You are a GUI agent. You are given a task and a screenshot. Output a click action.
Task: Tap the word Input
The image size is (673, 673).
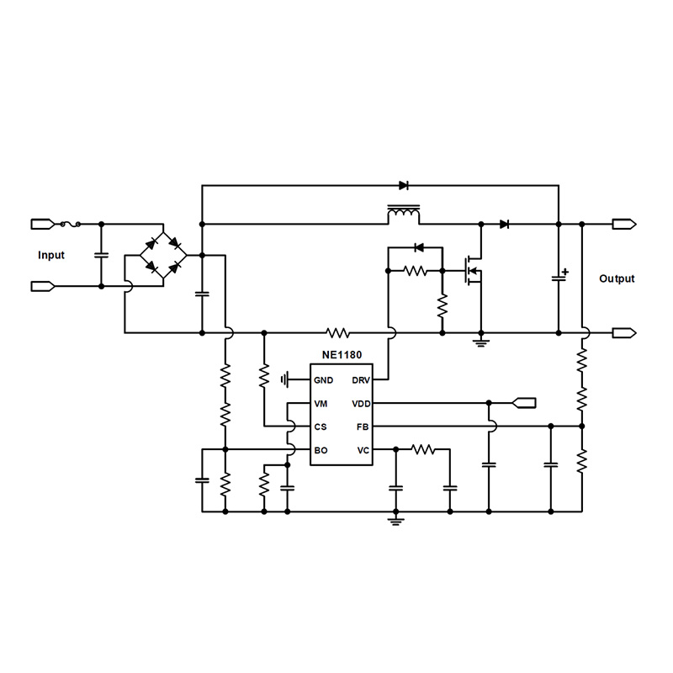51,255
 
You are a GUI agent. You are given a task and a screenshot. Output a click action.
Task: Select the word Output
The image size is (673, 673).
617,278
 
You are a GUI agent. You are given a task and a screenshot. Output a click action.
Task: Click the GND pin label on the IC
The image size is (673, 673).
323,380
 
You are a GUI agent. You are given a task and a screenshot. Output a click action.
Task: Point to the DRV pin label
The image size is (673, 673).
361,380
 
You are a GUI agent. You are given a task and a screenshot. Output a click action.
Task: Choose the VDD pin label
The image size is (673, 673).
361,404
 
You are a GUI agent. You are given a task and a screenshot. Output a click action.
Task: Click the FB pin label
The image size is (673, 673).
363,427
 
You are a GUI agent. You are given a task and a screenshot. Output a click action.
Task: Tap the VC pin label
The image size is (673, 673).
363,451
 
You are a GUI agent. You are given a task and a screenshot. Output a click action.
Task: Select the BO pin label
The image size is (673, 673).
321,451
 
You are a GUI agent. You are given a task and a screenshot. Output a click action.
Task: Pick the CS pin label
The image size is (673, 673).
321,427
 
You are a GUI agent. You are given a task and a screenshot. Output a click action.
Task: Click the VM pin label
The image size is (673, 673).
321,404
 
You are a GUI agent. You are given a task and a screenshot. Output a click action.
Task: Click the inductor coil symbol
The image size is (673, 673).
404,215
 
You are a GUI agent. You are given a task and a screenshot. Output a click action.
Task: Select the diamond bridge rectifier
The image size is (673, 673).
163,255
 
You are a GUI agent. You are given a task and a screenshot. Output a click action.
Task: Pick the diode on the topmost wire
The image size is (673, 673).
404,185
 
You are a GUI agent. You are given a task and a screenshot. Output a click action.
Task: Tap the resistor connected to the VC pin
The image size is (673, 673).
423,451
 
